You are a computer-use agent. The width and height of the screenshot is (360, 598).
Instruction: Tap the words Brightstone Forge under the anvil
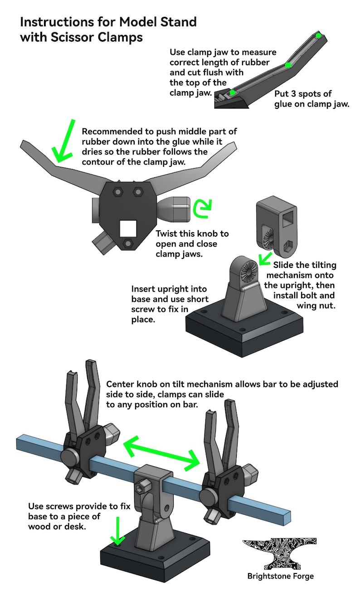pyautogui.click(x=280, y=576)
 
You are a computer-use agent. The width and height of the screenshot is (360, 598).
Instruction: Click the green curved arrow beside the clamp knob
pyautogui.click(x=202, y=209)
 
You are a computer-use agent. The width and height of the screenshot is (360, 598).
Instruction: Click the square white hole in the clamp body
pyautogui.click(x=128, y=229)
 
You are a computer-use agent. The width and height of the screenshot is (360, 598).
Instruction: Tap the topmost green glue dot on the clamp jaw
pyautogui.click(x=318, y=35)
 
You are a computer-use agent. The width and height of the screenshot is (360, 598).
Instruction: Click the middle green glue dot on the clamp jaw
pyautogui.click(x=288, y=65)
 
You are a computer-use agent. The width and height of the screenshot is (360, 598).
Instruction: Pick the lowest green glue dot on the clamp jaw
pyautogui.click(x=232, y=92)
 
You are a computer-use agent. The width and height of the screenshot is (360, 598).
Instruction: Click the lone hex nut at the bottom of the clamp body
pyautogui.click(x=128, y=243)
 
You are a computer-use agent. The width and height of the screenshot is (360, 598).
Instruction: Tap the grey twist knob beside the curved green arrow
pyautogui.click(x=174, y=209)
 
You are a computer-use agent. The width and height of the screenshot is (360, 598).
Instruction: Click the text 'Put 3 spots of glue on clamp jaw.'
pyautogui.click(x=311, y=99)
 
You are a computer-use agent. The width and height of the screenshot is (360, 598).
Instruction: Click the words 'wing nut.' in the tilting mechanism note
pyautogui.click(x=316, y=306)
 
